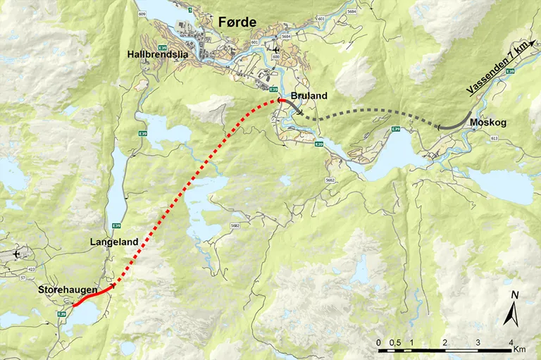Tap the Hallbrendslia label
(158, 54)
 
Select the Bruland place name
(309, 96)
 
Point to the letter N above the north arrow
(515, 294)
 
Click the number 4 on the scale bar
(511, 342)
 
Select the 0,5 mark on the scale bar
(396, 342)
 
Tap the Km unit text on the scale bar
(520, 349)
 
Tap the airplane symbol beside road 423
(17, 252)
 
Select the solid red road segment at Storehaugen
(92, 296)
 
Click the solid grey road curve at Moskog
(454, 121)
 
